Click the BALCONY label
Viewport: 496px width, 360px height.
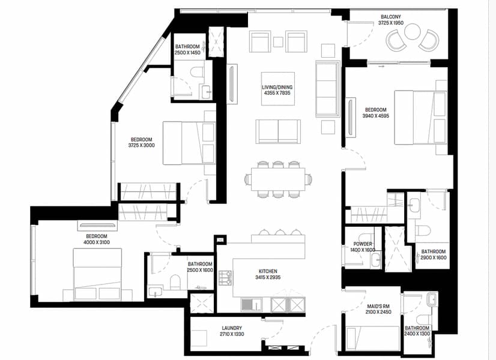pyautogui.click(x=391, y=17)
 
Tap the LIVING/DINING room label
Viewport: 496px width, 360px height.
pyautogui.click(x=277, y=87)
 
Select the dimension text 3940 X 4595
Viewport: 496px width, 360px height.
pyautogui.click(x=376, y=116)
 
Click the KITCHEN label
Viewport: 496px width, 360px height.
pyautogui.click(x=268, y=271)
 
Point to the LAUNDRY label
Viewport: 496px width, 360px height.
pyautogui.click(x=232, y=328)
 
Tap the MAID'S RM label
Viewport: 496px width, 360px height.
pyautogui.click(x=378, y=306)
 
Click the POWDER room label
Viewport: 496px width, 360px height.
pyautogui.click(x=363, y=244)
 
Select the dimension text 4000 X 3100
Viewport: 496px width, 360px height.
pyautogui.click(x=97, y=242)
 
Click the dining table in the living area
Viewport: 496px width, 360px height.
pyautogui.click(x=278, y=179)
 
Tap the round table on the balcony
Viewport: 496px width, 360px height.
pyautogui.click(x=412, y=32)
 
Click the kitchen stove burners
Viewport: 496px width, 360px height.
pyautogui.click(x=225, y=278)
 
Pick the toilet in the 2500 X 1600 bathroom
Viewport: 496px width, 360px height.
pyautogui.click(x=175, y=282)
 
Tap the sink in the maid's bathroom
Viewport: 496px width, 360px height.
pyautogui.click(x=432, y=299)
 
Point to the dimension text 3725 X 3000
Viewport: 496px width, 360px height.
pyautogui.click(x=141, y=145)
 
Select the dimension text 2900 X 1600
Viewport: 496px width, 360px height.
pyautogui.click(x=434, y=257)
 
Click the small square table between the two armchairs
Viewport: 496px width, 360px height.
pyautogui.click(x=279, y=42)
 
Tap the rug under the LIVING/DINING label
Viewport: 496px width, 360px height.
pyautogui.click(x=278, y=89)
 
